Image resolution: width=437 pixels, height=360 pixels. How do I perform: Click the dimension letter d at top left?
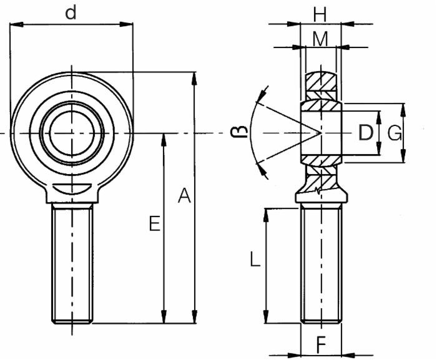pos(72,12)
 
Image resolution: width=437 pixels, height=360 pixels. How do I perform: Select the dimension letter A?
pos(184,196)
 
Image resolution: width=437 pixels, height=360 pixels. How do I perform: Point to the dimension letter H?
pos(320,12)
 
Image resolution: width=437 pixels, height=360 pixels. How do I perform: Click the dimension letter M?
pos(320,39)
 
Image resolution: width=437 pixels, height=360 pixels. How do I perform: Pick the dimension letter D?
pos(366,132)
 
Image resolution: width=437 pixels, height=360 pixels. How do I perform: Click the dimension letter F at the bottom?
pos(321,344)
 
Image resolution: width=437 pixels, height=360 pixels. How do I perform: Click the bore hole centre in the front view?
pos(72,134)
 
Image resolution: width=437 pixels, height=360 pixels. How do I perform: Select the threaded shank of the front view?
pos(72,262)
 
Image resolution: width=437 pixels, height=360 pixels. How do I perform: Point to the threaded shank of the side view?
pos(321,262)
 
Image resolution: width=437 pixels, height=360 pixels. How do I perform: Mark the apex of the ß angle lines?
pos(320,133)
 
